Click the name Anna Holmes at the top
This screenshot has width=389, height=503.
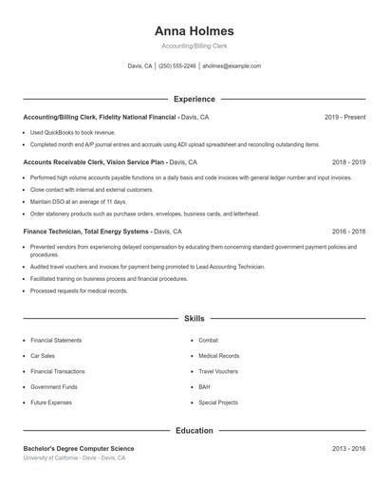click(194, 30)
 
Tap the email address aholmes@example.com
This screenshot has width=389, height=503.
click(232, 66)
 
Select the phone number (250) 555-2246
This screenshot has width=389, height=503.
click(177, 66)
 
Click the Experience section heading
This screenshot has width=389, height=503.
click(194, 99)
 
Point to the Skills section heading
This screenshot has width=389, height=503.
click(194, 320)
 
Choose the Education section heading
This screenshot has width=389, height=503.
click(194, 430)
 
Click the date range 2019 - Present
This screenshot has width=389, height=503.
click(344, 117)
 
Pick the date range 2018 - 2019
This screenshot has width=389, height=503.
click(348, 162)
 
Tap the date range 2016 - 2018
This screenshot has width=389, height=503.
click(348, 232)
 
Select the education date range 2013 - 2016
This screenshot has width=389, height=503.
click(348, 448)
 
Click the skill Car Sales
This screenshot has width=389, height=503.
click(44, 356)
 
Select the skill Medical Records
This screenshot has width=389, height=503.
click(218, 356)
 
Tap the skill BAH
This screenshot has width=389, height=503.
click(204, 387)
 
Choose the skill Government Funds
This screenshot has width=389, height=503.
click(54, 387)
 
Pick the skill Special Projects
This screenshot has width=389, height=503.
click(218, 402)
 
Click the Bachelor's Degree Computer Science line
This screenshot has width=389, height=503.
click(79, 448)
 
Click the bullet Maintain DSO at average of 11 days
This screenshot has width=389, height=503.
click(78, 201)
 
